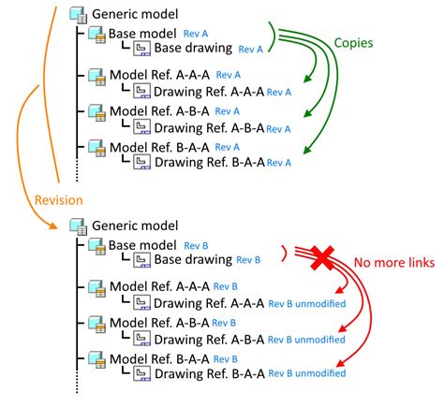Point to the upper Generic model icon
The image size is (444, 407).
(79, 15)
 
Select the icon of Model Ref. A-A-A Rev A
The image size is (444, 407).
(96, 76)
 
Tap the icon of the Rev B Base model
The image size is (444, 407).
(96, 246)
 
